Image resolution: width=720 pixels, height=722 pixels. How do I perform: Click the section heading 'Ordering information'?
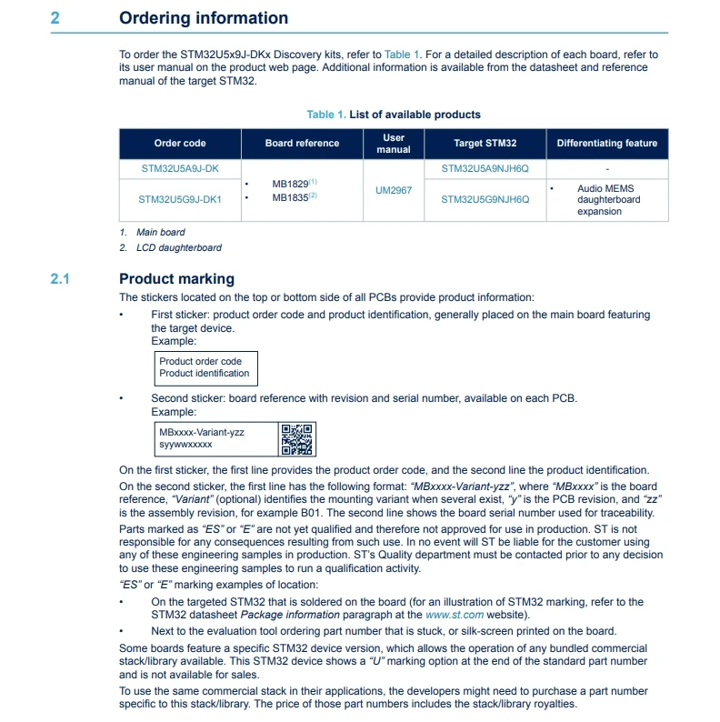pos(204,18)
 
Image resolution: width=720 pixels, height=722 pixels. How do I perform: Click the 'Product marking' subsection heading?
pos(176,279)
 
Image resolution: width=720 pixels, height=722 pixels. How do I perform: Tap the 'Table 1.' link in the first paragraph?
pos(402,55)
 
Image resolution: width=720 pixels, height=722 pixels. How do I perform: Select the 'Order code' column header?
pos(180,144)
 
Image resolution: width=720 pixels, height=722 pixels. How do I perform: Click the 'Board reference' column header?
pos(302,144)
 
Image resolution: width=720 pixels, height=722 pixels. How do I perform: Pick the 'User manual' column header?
pos(394,144)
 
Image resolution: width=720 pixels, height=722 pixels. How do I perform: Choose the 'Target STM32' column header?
pos(485,144)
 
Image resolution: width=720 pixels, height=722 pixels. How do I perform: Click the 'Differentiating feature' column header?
pos(606,144)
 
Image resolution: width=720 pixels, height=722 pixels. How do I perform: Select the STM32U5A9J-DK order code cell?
pos(180,169)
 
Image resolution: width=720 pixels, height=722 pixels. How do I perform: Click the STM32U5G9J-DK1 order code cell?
pos(180,199)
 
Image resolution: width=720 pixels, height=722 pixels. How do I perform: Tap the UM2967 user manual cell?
pos(394,191)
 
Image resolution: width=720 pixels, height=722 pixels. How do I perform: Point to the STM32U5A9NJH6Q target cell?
pos(485,169)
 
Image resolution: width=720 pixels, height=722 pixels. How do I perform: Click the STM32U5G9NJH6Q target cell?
pos(485,199)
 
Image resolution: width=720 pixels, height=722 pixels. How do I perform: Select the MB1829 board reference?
pos(290,185)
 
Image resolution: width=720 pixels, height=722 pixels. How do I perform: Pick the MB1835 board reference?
pos(290,196)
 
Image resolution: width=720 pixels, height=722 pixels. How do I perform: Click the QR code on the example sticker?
pos(296,439)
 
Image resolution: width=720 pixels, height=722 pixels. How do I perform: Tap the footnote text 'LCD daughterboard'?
pos(179,247)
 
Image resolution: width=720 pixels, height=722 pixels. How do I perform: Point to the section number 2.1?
pos(60,279)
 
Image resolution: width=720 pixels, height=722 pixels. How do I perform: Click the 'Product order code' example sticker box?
pos(205,367)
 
